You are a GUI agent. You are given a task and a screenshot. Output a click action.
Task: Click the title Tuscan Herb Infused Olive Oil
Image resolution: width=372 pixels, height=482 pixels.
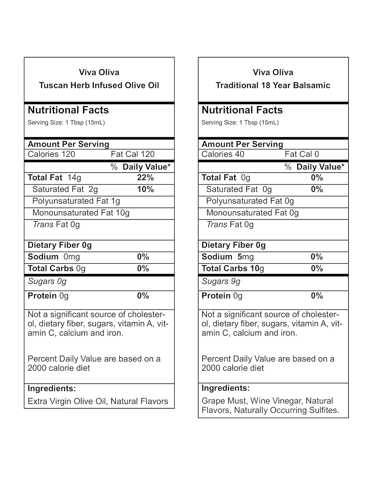point(99,85)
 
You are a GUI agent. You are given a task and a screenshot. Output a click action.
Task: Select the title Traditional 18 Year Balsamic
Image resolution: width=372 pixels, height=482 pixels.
point(273,85)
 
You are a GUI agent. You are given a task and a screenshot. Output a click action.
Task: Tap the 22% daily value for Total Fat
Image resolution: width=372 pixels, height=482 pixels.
point(145,178)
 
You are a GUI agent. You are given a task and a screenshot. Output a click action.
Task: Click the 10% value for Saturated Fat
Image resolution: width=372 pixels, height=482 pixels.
point(145,189)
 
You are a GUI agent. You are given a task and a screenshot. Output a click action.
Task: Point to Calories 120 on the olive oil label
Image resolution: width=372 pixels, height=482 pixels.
point(51,154)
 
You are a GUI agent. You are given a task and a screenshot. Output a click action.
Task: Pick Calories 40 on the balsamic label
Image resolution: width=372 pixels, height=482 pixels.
point(223,154)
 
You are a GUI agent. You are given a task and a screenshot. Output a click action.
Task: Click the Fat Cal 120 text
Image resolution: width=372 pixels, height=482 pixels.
point(133,154)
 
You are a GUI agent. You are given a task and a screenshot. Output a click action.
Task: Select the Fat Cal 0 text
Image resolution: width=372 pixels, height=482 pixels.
point(302,154)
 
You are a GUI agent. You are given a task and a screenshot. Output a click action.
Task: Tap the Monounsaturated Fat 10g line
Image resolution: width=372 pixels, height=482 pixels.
point(81,213)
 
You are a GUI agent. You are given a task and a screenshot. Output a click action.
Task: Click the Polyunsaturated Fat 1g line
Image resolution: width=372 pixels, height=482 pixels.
point(76,201)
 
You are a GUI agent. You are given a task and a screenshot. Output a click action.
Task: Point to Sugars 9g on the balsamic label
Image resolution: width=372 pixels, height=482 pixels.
point(221,281)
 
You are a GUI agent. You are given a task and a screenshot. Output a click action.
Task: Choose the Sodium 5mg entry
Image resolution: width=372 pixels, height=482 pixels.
point(228,257)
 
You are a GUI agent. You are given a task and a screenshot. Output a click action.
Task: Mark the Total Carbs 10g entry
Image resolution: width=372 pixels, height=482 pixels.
point(233,269)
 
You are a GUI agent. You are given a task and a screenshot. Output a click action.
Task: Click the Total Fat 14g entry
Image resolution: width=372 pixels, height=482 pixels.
point(54,178)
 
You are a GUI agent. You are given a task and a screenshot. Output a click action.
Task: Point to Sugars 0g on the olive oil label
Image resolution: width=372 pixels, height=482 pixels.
point(47,281)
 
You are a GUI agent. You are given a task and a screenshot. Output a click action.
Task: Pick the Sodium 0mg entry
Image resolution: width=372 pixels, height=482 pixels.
point(54,257)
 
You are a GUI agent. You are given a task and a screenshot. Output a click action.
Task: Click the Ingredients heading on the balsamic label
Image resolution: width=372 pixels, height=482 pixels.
point(225,388)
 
